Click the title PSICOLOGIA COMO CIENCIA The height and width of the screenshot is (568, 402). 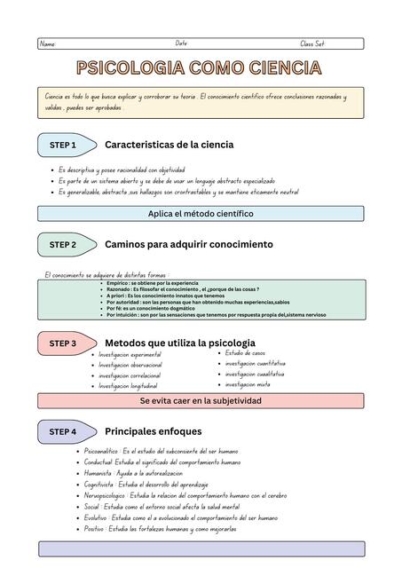199,68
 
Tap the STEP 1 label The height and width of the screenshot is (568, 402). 62,145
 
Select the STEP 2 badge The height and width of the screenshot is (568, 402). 62,244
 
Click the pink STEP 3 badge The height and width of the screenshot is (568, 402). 62,343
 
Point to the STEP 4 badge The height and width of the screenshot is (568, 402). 62,431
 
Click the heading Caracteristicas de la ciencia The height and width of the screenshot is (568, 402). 169,144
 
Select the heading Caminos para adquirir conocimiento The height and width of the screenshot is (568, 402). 188,244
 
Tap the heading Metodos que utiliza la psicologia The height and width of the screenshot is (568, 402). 179,342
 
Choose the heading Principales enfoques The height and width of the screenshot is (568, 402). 153,431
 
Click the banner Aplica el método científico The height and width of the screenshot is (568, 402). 201,213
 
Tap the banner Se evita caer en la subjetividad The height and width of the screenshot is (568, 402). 201,400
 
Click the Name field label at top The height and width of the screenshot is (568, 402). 48,44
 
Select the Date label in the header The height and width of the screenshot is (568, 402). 181,43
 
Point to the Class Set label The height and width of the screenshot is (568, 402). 312,43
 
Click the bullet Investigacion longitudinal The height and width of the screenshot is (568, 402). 128,386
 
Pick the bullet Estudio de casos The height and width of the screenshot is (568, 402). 245,353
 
